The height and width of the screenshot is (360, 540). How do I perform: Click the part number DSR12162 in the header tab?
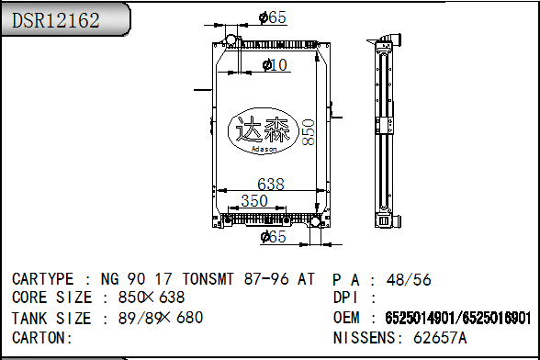(x=56, y=20)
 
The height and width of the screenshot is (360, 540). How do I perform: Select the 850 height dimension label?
(x=309, y=132)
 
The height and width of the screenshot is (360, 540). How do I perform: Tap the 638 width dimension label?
(x=271, y=185)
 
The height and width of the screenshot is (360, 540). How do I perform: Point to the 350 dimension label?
(x=254, y=201)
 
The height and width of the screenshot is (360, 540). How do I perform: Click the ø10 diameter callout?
(x=275, y=65)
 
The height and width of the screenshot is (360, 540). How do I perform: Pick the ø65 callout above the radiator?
(x=273, y=17)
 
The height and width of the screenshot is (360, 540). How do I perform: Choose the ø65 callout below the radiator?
(x=274, y=237)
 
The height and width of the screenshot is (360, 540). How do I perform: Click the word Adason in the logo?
(x=264, y=149)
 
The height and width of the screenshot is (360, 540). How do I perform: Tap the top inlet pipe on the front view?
(x=231, y=39)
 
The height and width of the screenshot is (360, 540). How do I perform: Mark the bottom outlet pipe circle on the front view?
(x=315, y=220)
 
